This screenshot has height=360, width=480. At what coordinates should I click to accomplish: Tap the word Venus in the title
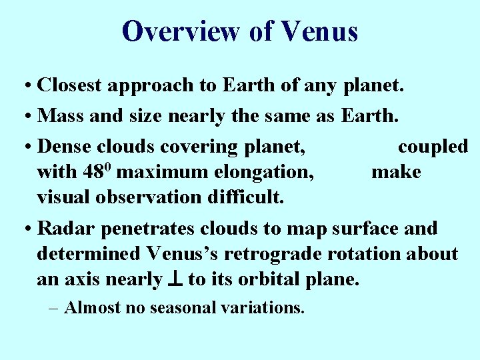pos(320,31)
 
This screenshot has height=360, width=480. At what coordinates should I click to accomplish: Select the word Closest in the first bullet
pos(70,86)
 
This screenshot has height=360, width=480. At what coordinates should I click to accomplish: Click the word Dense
pos(65,146)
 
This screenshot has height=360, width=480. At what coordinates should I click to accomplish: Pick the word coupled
pos(433,147)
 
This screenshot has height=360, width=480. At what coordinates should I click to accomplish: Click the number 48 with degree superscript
pos(97,171)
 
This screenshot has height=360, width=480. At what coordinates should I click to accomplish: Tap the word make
pos(396,172)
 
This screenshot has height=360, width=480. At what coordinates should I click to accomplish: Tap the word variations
pos(263,308)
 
